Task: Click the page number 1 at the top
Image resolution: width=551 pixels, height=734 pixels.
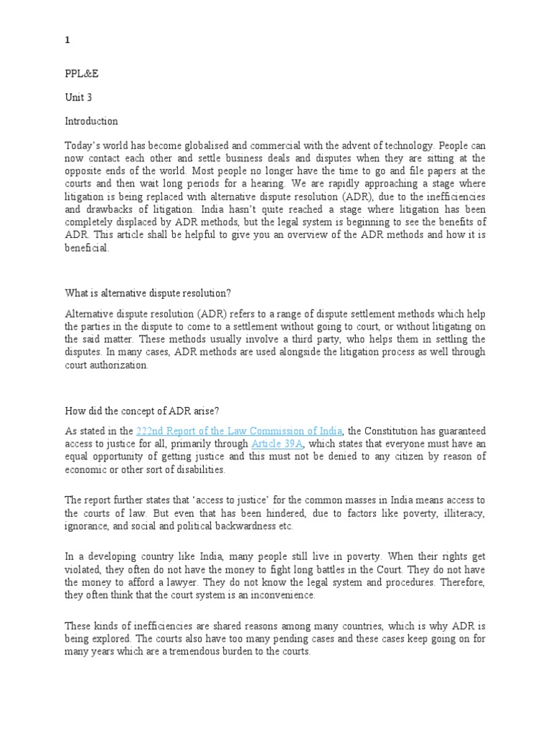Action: click(67, 41)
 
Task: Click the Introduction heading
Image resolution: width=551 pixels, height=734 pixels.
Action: click(91, 121)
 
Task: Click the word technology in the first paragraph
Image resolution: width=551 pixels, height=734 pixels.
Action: click(409, 145)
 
